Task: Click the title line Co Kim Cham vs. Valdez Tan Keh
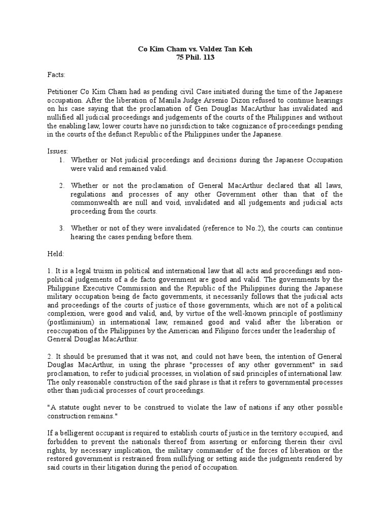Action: pyautogui.click(x=194, y=49)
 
